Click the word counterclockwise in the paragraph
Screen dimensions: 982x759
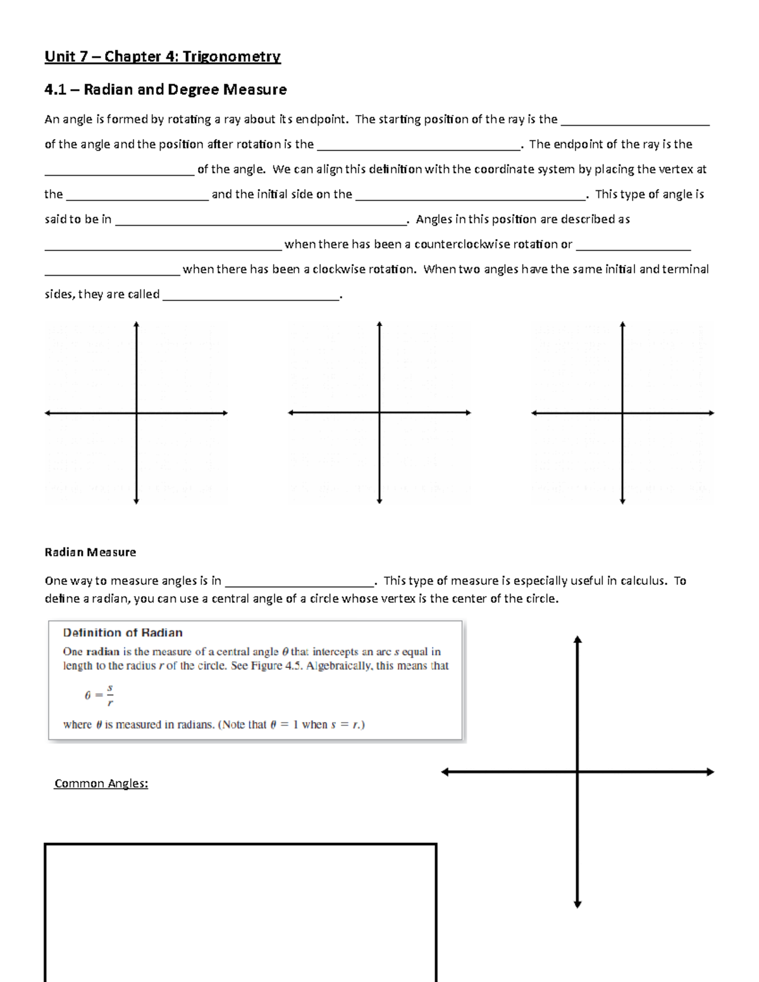462,244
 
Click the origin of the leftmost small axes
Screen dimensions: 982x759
136,414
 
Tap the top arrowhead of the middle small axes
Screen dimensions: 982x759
379,324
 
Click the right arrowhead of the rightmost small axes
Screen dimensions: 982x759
711,413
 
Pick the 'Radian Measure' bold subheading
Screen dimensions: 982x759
90,552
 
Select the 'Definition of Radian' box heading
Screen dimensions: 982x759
123,632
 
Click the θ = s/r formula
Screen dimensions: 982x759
99,694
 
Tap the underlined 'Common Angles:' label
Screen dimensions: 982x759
101,783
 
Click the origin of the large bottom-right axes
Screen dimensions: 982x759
577,771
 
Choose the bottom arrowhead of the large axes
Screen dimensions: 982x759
577,904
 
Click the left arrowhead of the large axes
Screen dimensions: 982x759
445,771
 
